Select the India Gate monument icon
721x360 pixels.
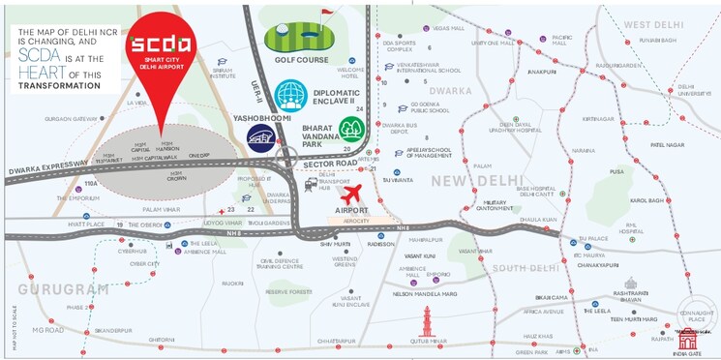(x=688, y=339)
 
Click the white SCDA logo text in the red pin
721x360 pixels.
(x=163, y=46)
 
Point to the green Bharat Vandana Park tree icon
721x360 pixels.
(x=351, y=129)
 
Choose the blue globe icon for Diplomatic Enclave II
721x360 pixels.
(x=290, y=95)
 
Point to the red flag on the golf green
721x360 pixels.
(x=324, y=15)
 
